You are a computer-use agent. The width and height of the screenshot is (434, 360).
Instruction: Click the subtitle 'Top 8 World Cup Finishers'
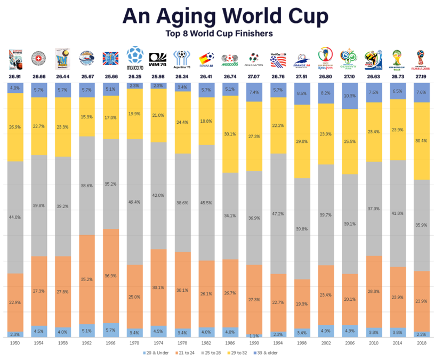(x=220, y=33)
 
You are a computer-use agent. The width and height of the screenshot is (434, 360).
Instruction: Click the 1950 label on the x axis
(x=15, y=342)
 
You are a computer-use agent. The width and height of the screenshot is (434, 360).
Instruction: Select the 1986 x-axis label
(x=231, y=342)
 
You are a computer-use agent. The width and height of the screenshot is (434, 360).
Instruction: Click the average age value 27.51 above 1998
(x=302, y=76)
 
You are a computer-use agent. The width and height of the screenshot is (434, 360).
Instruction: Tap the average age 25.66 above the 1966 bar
(x=111, y=76)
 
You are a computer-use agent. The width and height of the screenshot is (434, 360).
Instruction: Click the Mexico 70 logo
(x=135, y=58)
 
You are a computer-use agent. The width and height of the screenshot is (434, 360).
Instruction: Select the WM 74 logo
(x=159, y=59)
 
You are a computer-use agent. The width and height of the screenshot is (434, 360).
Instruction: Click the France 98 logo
(x=302, y=60)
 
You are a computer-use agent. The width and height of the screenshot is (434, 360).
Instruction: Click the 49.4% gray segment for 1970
(x=135, y=202)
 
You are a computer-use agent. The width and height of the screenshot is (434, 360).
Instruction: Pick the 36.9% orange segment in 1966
(x=111, y=276)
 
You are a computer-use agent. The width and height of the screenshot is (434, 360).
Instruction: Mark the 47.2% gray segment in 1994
(x=278, y=213)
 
